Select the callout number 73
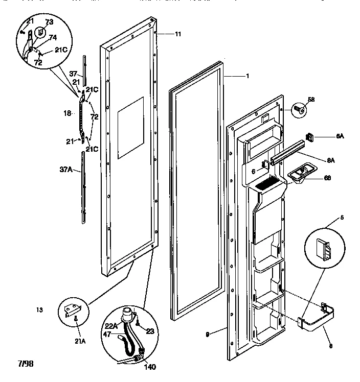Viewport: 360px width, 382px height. (49, 22)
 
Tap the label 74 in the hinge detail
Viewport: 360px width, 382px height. (52, 37)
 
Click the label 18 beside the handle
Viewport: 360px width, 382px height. (66, 113)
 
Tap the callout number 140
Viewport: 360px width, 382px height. (150, 366)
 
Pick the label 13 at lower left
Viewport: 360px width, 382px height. (39, 309)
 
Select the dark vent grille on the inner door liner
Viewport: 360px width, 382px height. (267, 182)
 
